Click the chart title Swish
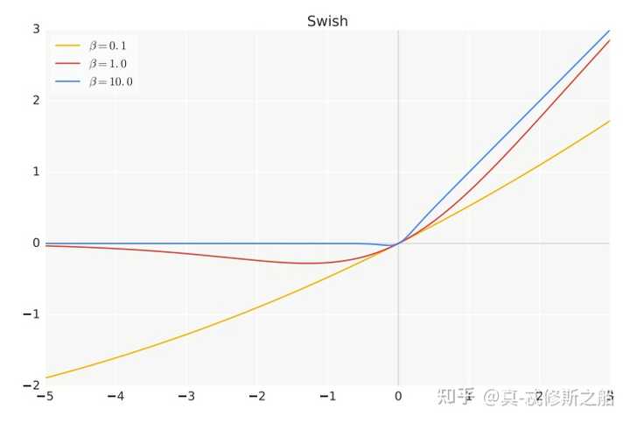click(327, 21)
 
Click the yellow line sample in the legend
click(67, 45)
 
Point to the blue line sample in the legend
click(67, 81)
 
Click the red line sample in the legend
click(67, 63)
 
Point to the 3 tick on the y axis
click(36, 29)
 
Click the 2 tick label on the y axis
click(36, 100)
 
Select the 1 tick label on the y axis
click(36, 172)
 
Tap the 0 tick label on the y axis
click(36, 243)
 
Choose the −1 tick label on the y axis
click(33, 314)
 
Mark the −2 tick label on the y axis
click(33, 385)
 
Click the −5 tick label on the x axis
click(44, 398)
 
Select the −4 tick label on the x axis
click(115, 398)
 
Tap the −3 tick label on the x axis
click(185, 398)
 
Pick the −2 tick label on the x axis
click(256, 398)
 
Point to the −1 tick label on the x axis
click(327, 398)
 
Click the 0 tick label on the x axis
click(399, 398)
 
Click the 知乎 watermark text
click(456, 398)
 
